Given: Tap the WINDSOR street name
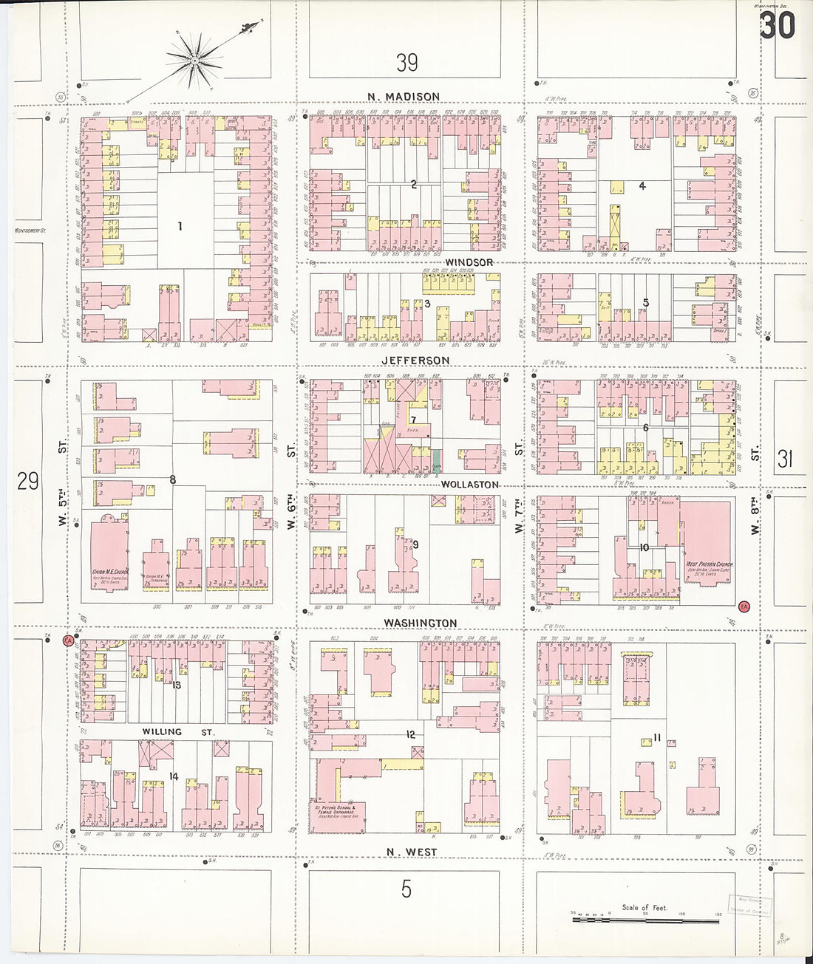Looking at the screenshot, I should (x=469, y=262).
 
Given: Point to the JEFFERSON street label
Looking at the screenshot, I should (x=415, y=360).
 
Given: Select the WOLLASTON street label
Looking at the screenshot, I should (x=470, y=485).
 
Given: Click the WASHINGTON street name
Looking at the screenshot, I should (x=421, y=623).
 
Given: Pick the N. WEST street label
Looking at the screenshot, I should (x=412, y=852).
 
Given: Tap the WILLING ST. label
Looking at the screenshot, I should (x=178, y=732).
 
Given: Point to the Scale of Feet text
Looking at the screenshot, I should (x=644, y=908).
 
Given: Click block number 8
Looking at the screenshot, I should (x=172, y=480).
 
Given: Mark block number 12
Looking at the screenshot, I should (x=410, y=734).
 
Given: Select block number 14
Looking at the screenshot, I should (x=174, y=776).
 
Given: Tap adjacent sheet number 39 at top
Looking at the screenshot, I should (x=406, y=63).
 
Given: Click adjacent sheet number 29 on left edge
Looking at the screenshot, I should (x=28, y=482).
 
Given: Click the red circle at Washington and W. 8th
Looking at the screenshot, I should (x=744, y=606).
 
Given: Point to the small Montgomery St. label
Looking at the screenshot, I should (x=30, y=230).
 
